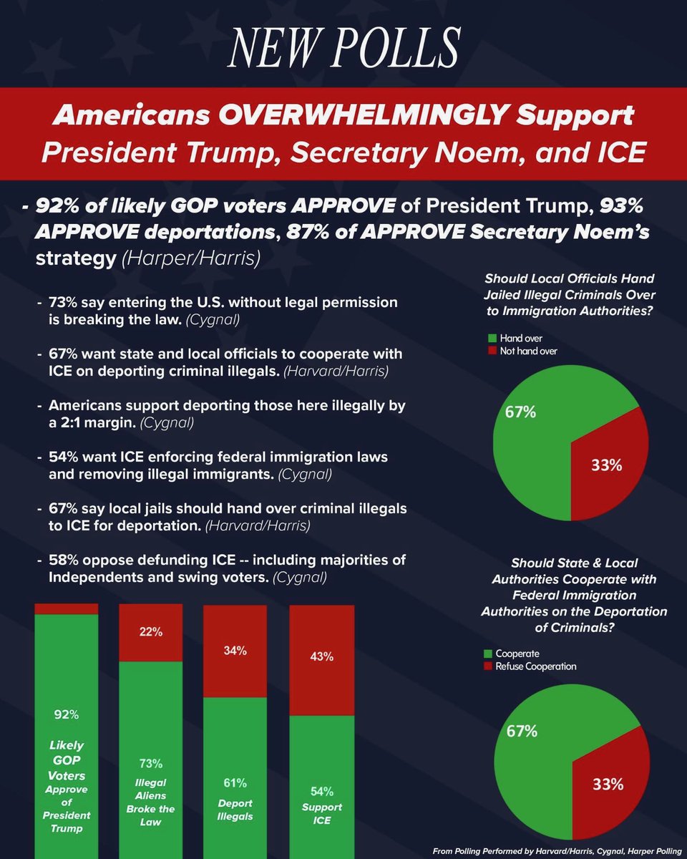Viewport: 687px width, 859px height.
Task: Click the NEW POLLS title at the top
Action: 343,48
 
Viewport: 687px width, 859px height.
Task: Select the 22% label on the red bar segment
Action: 150,632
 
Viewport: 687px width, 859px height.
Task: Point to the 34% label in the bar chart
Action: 235,651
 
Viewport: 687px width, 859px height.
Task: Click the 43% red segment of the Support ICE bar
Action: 322,659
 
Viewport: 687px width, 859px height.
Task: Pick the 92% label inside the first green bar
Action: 66,714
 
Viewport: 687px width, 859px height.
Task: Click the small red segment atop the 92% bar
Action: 66,608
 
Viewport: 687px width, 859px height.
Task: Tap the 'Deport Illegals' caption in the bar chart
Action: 235,810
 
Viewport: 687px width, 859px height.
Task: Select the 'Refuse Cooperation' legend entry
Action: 535,666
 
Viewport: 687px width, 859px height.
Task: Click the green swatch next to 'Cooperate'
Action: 489,654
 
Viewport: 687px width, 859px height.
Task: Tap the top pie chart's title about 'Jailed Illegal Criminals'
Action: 570,294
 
